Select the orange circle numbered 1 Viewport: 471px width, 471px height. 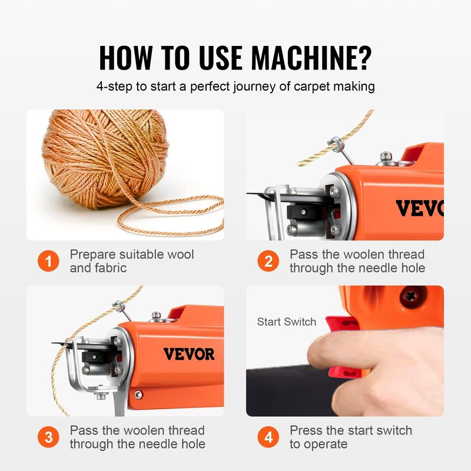tap(49, 261)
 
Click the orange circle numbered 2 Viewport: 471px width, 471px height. tap(268, 261)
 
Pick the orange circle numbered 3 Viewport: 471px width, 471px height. tap(49, 437)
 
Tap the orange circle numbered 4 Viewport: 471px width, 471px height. tap(268, 437)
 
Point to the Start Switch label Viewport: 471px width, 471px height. tap(286, 321)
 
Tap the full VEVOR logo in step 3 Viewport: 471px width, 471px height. tap(188, 354)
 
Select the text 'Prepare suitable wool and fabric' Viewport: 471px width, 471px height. tap(131, 261)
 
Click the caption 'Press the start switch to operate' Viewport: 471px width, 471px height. tap(350, 437)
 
